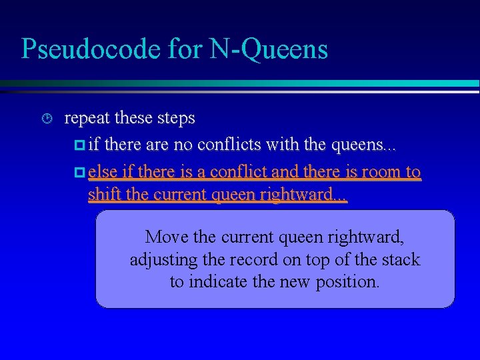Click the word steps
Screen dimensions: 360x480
click(x=175, y=119)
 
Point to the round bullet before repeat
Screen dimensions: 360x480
click(x=45, y=119)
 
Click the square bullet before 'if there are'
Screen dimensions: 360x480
click(x=81, y=145)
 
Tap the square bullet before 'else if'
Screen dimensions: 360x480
click(x=81, y=172)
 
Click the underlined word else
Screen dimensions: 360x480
click(x=101, y=172)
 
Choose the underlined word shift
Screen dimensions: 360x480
click(x=101, y=195)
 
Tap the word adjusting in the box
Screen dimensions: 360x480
click(x=161, y=259)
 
